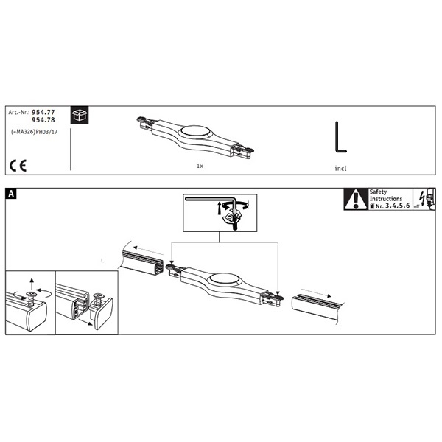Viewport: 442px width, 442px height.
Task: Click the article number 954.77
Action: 43,112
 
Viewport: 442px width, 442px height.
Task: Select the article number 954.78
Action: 43,120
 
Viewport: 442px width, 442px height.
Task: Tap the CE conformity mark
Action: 18,166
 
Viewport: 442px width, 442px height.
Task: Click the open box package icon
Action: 80,115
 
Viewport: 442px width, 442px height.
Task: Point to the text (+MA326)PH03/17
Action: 34,132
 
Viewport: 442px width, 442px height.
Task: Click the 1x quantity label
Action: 200,166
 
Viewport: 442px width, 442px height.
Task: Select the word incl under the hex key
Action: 340,168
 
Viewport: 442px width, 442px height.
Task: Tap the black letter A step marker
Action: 11,194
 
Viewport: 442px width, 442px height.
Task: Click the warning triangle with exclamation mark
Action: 356,200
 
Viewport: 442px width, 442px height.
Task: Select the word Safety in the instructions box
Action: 378,192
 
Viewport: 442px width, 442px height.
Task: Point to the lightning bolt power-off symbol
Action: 422,198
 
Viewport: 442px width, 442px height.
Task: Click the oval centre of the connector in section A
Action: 224,279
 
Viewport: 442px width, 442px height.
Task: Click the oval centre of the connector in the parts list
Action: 194,131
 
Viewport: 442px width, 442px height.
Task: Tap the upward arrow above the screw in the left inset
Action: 32,284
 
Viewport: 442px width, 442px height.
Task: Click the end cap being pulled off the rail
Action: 102,310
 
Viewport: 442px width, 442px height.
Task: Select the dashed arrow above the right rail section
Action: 316,293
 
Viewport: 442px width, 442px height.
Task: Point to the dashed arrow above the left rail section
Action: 148,250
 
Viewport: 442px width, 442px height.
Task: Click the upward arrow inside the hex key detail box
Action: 219,208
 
